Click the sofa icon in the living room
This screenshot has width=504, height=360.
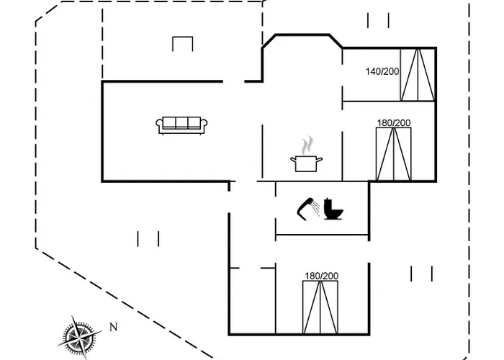tap(181, 125)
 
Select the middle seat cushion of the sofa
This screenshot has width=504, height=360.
tap(181, 122)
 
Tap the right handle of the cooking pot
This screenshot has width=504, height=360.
tap(319, 159)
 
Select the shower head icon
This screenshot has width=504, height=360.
tap(305, 209)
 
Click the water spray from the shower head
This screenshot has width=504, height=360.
tap(316, 208)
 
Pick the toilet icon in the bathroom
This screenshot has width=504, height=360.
tap(333, 209)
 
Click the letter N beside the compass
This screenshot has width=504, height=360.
tap(114, 327)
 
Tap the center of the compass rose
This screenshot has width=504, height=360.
tap(79, 337)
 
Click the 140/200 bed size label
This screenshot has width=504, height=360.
tap(382, 71)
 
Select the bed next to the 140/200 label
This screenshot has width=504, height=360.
tap(418, 75)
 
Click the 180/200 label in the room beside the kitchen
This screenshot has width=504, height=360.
tap(394, 123)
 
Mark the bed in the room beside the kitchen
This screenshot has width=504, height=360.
tap(394, 154)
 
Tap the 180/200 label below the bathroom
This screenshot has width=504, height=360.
tap(322, 276)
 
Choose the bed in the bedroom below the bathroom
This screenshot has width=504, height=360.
tap(320, 307)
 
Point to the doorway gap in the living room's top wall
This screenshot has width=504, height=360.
tap(234, 81)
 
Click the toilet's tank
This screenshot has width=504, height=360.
tap(328, 204)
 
